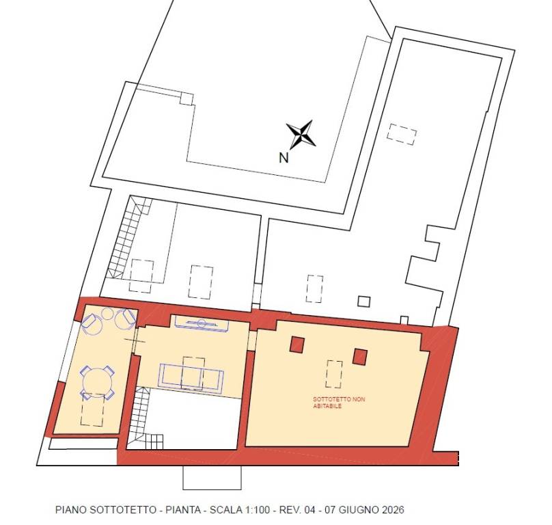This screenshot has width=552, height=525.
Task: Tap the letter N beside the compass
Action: pyautogui.click(x=284, y=157)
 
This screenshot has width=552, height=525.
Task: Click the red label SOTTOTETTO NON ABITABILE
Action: pyautogui.click(x=339, y=403)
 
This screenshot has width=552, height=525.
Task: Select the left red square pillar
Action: pyautogui.click(x=297, y=345)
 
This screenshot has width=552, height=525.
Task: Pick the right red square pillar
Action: pyautogui.click(x=360, y=357)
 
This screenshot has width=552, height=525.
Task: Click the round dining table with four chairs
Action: pyautogui.click(x=98, y=382)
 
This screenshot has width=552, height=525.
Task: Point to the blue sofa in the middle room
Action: pyautogui.click(x=191, y=377)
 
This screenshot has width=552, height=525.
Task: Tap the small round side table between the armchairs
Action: pyautogui.click(x=107, y=313)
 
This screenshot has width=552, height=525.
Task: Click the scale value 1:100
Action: pyautogui.click(x=256, y=510)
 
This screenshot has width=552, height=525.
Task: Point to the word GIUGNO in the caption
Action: pyautogui.click(x=355, y=510)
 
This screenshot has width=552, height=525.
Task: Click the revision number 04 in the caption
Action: pyautogui.click(x=309, y=510)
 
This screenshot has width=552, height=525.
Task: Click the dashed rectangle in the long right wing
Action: pyautogui.click(x=402, y=134)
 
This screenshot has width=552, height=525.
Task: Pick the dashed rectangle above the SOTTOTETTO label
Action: pyautogui.click(x=334, y=374)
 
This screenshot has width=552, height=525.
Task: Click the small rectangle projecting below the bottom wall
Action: pyautogui.click(x=212, y=477)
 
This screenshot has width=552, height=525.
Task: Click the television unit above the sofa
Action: pyautogui.click(x=202, y=323)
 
